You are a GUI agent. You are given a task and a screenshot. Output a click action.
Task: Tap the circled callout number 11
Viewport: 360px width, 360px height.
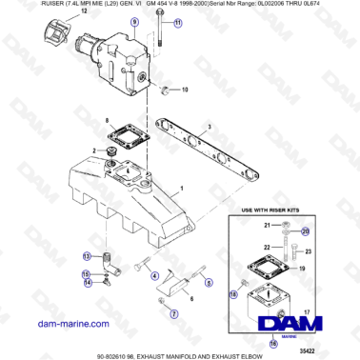(176, 49)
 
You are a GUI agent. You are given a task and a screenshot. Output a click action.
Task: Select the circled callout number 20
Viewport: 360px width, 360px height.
(305, 230)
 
